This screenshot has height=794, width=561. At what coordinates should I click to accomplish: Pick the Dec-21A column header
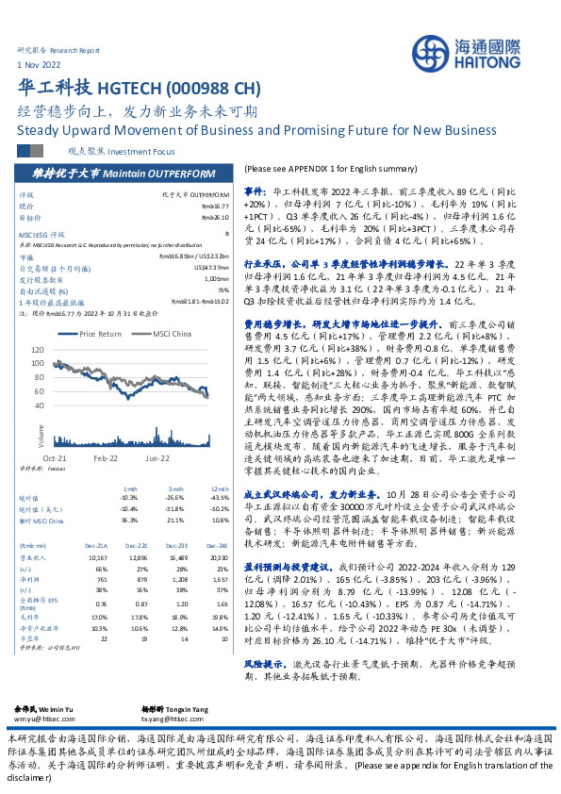[x=97, y=544]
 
